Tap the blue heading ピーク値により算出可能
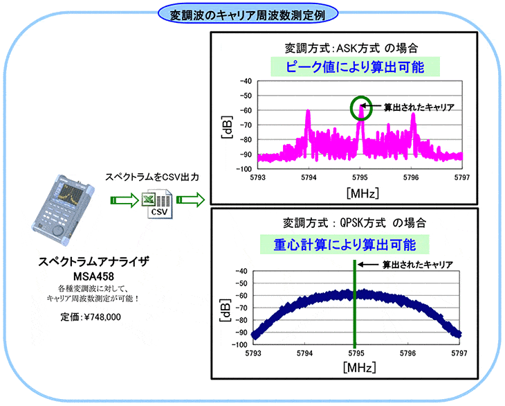click(x=355, y=67)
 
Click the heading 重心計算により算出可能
click(x=344, y=244)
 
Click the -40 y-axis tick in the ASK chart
click(x=246, y=81)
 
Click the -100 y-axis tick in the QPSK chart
click(x=243, y=344)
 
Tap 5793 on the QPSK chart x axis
click(x=254, y=353)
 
